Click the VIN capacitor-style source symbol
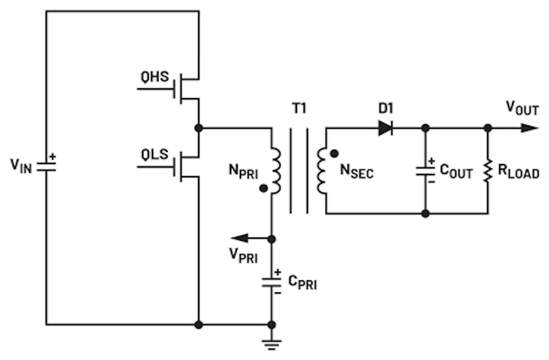click(x=46, y=166)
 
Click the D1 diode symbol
click(x=386, y=128)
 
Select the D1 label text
click(x=387, y=109)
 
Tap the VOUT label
click(x=522, y=107)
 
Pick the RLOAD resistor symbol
click(x=488, y=170)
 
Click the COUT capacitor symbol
click(x=425, y=170)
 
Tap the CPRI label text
click(x=302, y=283)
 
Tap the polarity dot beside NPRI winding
click(x=263, y=188)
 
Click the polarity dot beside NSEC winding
click(x=333, y=154)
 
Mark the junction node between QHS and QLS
click(x=199, y=128)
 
